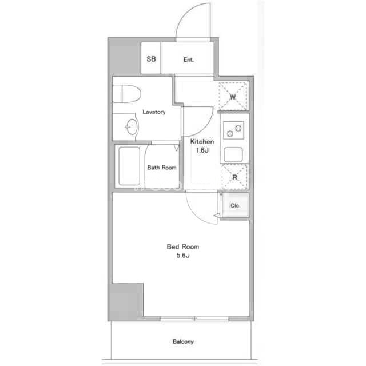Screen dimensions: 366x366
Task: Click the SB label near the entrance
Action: pyautogui.click(x=151, y=59)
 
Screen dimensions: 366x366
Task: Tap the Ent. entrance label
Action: pyautogui.click(x=189, y=59)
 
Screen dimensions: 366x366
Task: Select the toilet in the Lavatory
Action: pyautogui.click(x=127, y=94)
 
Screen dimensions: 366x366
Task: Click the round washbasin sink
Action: pyautogui.click(x=132, y=127)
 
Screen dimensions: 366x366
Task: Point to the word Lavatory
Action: pyautogui.click(x=154, y=112)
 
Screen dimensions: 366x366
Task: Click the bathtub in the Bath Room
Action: pyautogui.click(x=129, y=166)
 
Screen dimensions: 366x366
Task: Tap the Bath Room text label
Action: pyautogui.click(x=162, y=168)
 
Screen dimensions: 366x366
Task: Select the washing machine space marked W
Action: pyautogui.click(x=233, y=96)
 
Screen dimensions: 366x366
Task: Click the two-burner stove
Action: pyautogui.click(x=234, y=130)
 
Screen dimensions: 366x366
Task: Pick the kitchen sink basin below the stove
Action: pyautogui.click(x=233, y=154)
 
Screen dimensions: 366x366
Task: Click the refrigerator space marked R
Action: pyautogui.click(x=234, y=177)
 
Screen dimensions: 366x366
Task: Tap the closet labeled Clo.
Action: pyautogui.click(x=234, y=206)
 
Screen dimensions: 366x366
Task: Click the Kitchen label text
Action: pyautogui.click(x=202, y=141)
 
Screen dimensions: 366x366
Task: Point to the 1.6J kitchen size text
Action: pyautogui.click(x=202, y=150)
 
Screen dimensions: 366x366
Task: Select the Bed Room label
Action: pyautogui.click(x=183, y=246)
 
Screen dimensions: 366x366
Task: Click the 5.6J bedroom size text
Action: pyautogui.click(x=183, y=256)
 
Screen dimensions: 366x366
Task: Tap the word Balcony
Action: pyautogui.click(x=183, y=342)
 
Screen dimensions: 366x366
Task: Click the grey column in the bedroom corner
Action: pyautogui.click(x=126, y=301)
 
